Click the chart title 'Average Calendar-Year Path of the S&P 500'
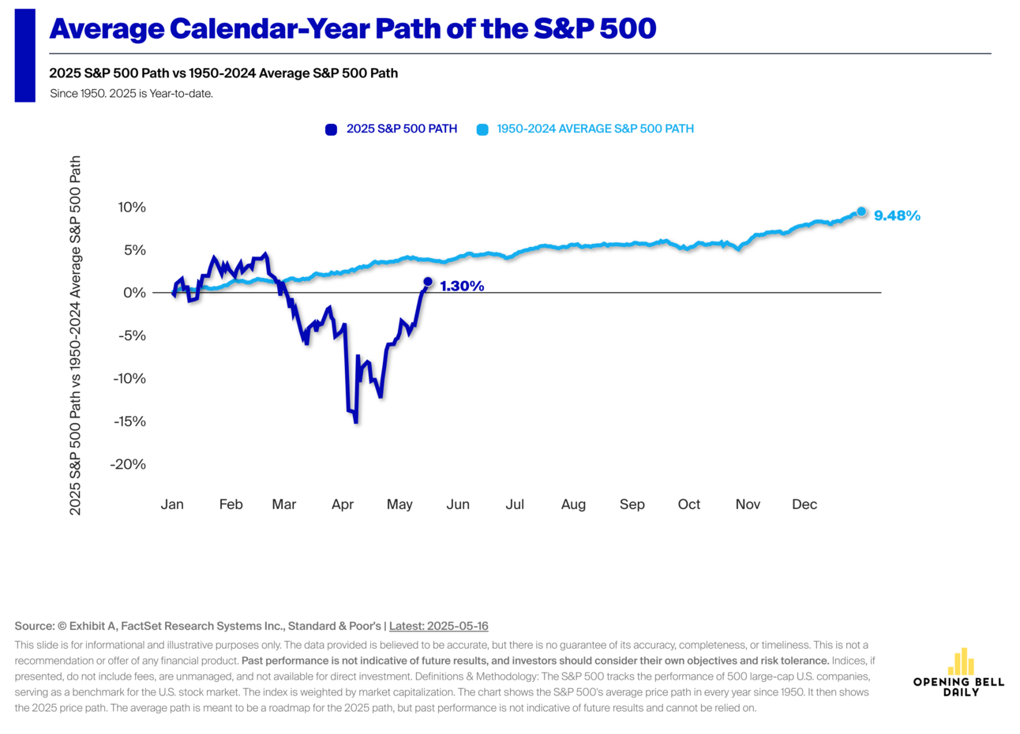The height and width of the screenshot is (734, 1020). click(x=352, y=29)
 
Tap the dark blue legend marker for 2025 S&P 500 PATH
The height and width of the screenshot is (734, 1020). click(x=332, y=129)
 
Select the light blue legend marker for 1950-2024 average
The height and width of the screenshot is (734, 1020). click(x=482, y=129)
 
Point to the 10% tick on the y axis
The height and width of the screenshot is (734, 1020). click(x=131, y=208)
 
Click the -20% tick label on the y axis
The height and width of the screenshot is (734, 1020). click(x=129, y=464)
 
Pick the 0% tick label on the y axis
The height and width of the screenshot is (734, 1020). click(x=134, y=293)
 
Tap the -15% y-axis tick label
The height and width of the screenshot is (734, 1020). click(x=129, y=421)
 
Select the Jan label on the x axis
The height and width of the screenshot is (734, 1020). click(x=172, y=504)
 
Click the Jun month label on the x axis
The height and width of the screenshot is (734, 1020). click(x=458, y=504)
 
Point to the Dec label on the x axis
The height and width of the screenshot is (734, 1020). click(x=804, y=504)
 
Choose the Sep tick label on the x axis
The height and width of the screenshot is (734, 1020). click(x=632, y=504)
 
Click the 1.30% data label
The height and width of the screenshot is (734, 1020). click(x=462, y=286)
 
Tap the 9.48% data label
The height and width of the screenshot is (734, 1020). click(x=897, y=215)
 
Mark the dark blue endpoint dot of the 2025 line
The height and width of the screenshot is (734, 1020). click(x=428, y=282)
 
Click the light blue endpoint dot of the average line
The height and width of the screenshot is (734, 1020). click(x=861, y=212)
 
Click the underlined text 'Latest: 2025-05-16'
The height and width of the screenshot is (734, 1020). click(x=438, y=626)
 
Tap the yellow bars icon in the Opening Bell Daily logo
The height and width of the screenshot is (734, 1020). click(x=960, y=663)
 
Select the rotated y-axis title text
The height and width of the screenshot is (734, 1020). click(x=76, y=335)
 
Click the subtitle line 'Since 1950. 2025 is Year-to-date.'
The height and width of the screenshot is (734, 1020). click(x=131, y=93)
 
